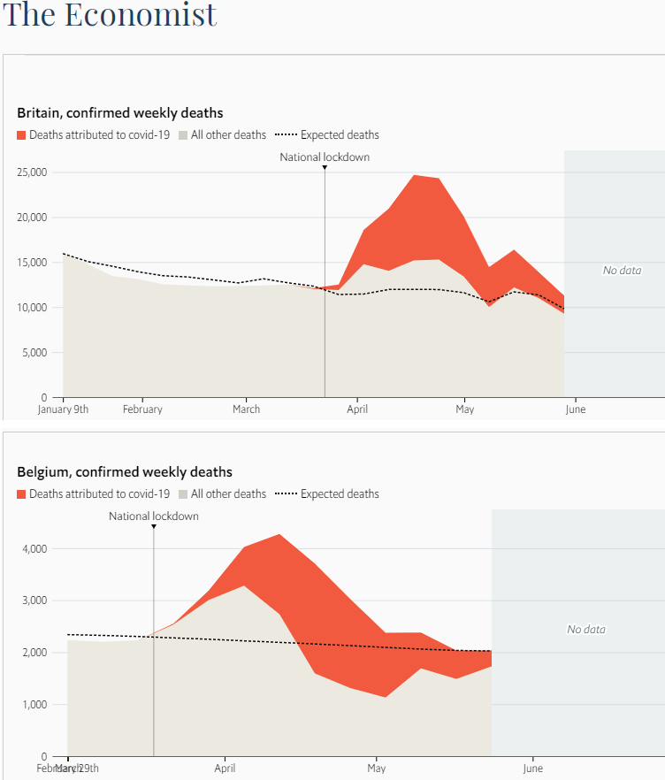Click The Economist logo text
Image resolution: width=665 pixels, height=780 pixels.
pyautogui.click(x=111, y=15)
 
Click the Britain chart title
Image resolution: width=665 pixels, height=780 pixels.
pyautogui.click(x=120, y=113)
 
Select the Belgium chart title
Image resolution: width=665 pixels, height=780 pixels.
pyautogui.click(x=125, y=472)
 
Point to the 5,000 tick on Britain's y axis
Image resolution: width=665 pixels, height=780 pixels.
pyautogui.click(x=36, y=353)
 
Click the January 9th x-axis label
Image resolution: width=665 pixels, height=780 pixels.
pyautogui.click(x=63, y=409)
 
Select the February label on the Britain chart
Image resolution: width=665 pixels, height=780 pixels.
pyautogui.click(x=142, y=409)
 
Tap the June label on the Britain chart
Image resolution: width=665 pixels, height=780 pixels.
pyautogui.click(x=575, y=409)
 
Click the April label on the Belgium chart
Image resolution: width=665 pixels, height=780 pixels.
pyautogui.click(x=225, y=769)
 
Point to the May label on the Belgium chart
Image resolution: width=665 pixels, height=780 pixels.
pyautogui.click(x=377, y=769)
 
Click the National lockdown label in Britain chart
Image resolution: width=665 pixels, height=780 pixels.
pyautogui.click(x=325, y=157)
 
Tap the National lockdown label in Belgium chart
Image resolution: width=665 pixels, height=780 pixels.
pyautogui.click(x=154, y=516)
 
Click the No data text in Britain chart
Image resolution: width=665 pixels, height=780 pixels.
pyautogui.click(x=622, y=270)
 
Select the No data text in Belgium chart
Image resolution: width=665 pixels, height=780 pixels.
pyautogui.click(x=586, y=630)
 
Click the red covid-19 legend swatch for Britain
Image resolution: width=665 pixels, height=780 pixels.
pyautogui.click(x=22, y=135)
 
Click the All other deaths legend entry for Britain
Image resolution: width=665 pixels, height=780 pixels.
pyautogui.click(x=222, y=135)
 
